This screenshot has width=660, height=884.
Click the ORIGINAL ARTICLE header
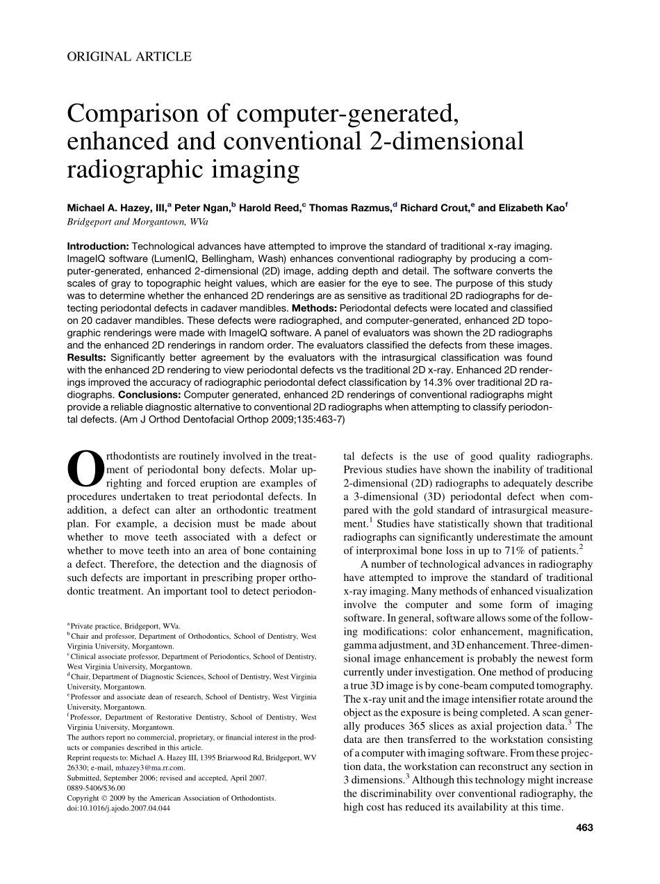(129, 57)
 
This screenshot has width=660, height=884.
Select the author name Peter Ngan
(202, 208)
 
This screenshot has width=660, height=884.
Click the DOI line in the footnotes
(118, 808)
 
